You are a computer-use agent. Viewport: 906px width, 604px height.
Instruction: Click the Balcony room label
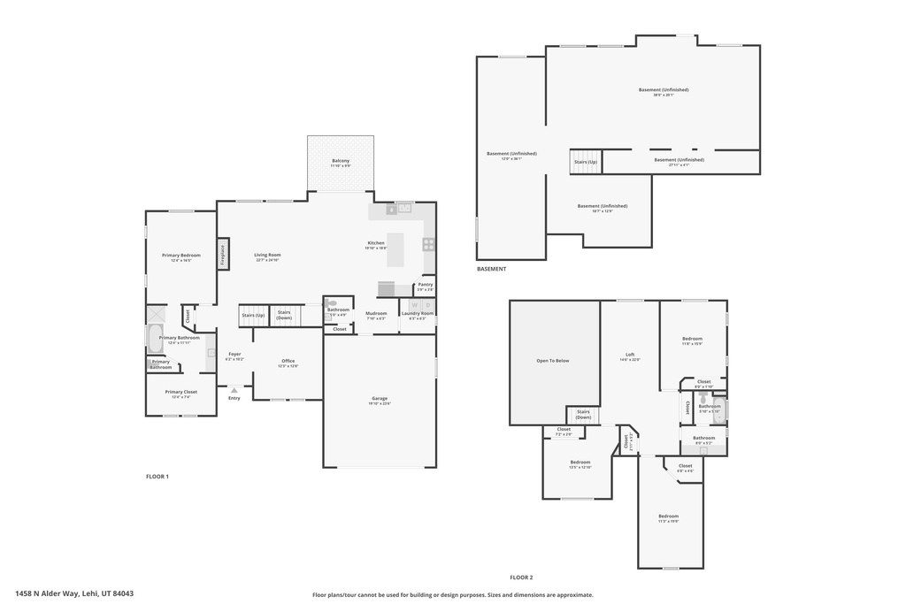click(x=341, y=161)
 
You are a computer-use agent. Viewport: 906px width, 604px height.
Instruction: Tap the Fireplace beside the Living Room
click(x=223, y=255)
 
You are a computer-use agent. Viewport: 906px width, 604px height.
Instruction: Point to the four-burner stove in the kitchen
click(x=429, y=244)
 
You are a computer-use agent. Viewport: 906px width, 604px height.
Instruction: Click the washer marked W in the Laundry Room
click(x=414, y=305)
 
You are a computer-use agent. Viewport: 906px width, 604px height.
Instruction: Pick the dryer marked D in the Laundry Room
click(x=427, y=305)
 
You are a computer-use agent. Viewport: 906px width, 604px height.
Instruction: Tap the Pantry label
click(x=426, y=285)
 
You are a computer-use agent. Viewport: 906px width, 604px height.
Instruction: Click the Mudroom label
click(x=376, y=313)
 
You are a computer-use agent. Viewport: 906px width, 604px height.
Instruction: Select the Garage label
click(x=380, y=399)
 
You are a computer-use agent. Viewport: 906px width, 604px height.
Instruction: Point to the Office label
click(x=288, y=361)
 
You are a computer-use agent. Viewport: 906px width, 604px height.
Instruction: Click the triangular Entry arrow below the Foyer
click(x=234, y=390)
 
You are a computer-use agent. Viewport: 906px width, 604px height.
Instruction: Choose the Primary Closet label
click(x=180, y=392)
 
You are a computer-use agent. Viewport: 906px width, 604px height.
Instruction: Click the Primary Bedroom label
click(x=180, y=256)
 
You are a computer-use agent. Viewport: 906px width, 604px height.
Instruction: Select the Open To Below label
click(x=553, y=361)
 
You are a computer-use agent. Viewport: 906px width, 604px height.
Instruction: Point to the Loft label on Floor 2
click(x=629, y=355)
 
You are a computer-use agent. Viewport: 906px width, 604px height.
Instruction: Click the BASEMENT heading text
click(x=491, y=269)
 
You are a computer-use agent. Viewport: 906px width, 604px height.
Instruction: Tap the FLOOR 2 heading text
click(x=521, y=577)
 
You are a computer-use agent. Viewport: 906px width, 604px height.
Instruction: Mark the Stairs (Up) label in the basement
click(x=586, y=162)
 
